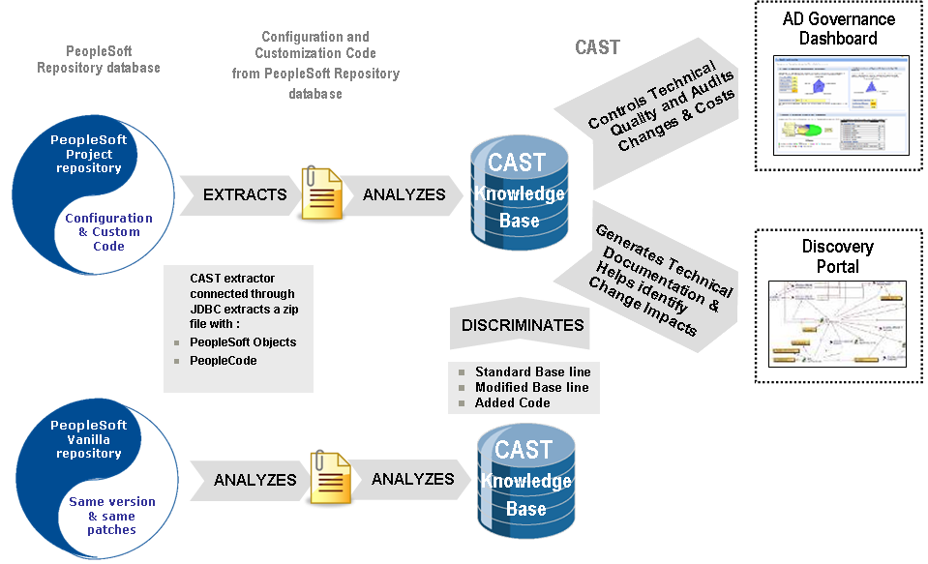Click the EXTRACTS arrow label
245,194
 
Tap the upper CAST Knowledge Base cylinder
519,193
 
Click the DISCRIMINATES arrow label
523,325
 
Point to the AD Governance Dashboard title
838,29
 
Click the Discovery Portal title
838,256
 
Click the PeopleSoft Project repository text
88,154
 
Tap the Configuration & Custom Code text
108,232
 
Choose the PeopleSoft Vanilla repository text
88,439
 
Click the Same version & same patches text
111,516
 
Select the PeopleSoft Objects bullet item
243,342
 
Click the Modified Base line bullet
531,387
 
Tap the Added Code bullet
512,402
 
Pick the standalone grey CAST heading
597,47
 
